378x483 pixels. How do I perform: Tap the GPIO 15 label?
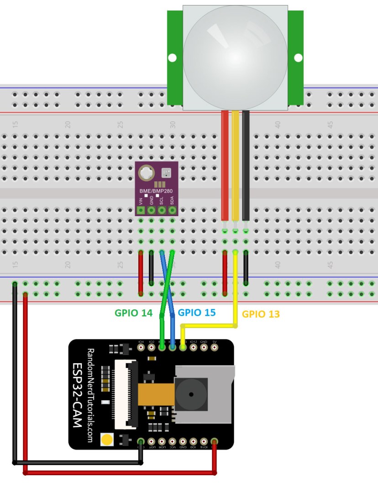(196, 313)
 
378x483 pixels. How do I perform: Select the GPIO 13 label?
(260, 314)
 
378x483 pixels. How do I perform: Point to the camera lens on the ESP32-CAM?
(191, 395)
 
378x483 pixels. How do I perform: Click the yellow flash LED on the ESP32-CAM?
(107, 440)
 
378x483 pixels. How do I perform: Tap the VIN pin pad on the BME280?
(141, 210)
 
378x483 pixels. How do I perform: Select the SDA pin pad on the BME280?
(172, 210)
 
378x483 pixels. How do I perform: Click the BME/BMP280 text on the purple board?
(156, 191)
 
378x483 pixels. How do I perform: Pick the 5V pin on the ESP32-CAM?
(214, 347)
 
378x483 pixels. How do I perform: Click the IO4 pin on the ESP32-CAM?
(141, 347)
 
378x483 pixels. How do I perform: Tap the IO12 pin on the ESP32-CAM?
(193, 347)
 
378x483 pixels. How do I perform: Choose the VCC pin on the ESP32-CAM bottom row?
(172, 441)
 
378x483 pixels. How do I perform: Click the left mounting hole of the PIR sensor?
(172, 58)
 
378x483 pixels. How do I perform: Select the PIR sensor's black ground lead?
(246, 165)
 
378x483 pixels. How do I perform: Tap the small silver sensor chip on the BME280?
(166, 173)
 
